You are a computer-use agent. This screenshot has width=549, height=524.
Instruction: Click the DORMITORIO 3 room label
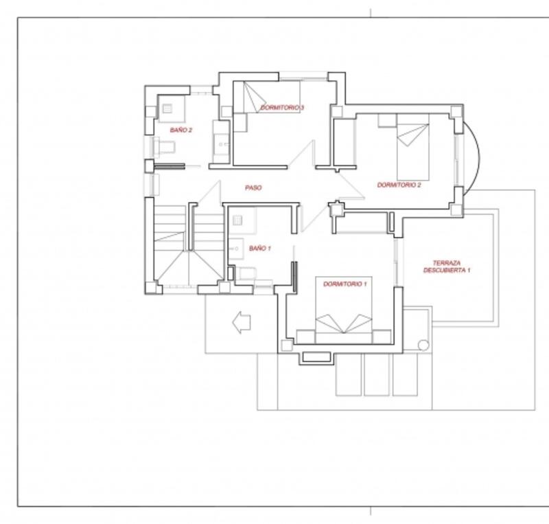(x=282, y=108)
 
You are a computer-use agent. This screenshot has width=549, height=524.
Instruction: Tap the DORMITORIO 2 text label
(x=399, y=185)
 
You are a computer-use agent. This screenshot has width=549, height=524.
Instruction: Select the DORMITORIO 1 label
(x=345, y=284)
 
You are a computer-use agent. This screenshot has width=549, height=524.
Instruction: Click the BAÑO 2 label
(x=181, y=130)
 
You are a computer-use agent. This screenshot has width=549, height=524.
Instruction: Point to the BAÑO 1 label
(x=260, y=248)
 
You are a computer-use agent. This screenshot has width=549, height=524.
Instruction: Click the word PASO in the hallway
(x=253, y=188)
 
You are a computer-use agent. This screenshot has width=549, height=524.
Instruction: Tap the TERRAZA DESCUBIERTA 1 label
(x=447, y=266)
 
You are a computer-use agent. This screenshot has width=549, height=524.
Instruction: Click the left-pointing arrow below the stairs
(x=242, y=322)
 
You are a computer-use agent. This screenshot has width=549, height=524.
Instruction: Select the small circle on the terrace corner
(x=423, y=345)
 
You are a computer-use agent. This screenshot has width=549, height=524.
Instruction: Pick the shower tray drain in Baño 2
(x=167, y=109)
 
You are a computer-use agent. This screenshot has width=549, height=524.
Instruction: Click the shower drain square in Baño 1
(x=237, y=220)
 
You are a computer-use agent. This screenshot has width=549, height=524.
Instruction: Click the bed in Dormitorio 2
(x=413, y=147)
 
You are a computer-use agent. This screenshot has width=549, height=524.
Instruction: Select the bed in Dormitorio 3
(x=267, y=97)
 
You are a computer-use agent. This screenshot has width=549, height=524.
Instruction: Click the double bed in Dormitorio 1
(x=344, y=310)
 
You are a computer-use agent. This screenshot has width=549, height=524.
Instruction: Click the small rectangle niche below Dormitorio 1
(x=316, y=357)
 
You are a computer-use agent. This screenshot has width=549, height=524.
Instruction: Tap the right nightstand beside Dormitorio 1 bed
(x=382, y=337)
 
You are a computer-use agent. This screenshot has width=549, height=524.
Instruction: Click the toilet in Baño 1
(x=246, y=273)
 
